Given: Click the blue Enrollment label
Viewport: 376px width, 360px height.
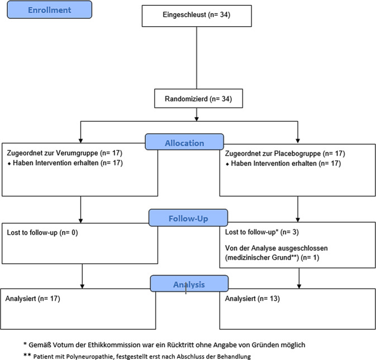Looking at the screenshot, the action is click(49, 9).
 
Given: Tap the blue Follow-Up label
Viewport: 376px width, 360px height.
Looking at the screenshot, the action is click(188, 218).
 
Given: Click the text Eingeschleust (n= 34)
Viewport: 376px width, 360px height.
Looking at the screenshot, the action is click(197, 15).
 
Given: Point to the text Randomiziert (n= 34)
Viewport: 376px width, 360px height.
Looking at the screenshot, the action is click(198, 99).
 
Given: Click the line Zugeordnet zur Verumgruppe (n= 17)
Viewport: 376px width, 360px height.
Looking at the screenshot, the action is click(64, 153).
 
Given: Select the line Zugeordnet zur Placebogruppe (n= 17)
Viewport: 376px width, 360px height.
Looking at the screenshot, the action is click(285, 153).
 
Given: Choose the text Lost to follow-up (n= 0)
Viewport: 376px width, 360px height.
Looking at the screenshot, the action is click(42, 232).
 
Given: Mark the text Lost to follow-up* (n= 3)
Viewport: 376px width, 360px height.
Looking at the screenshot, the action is click(262, 232).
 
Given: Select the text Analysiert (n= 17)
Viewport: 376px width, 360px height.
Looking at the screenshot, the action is click(32, 299).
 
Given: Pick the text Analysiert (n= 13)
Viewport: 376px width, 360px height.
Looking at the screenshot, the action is click(253, 299).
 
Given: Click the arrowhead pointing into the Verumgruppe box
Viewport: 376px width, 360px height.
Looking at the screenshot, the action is click(81, 141).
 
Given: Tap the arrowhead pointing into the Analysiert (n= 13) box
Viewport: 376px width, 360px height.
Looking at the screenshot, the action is click(299, 286).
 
